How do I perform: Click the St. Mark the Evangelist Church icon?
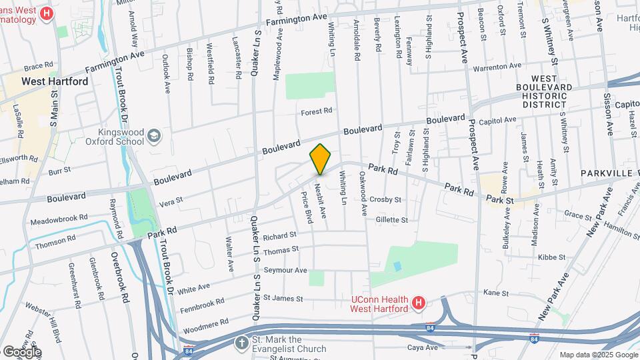(241, 343)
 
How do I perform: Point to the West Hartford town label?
(55, 81)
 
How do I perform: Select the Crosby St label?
(385, 199)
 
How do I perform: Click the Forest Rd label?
(316, 111)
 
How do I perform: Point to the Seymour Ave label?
(285, 270)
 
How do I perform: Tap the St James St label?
(283, 299)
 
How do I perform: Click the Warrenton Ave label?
(497, 67)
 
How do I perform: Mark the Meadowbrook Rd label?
(59, 218)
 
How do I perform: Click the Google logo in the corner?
(21, 351)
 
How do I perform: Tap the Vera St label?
(170, 199)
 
